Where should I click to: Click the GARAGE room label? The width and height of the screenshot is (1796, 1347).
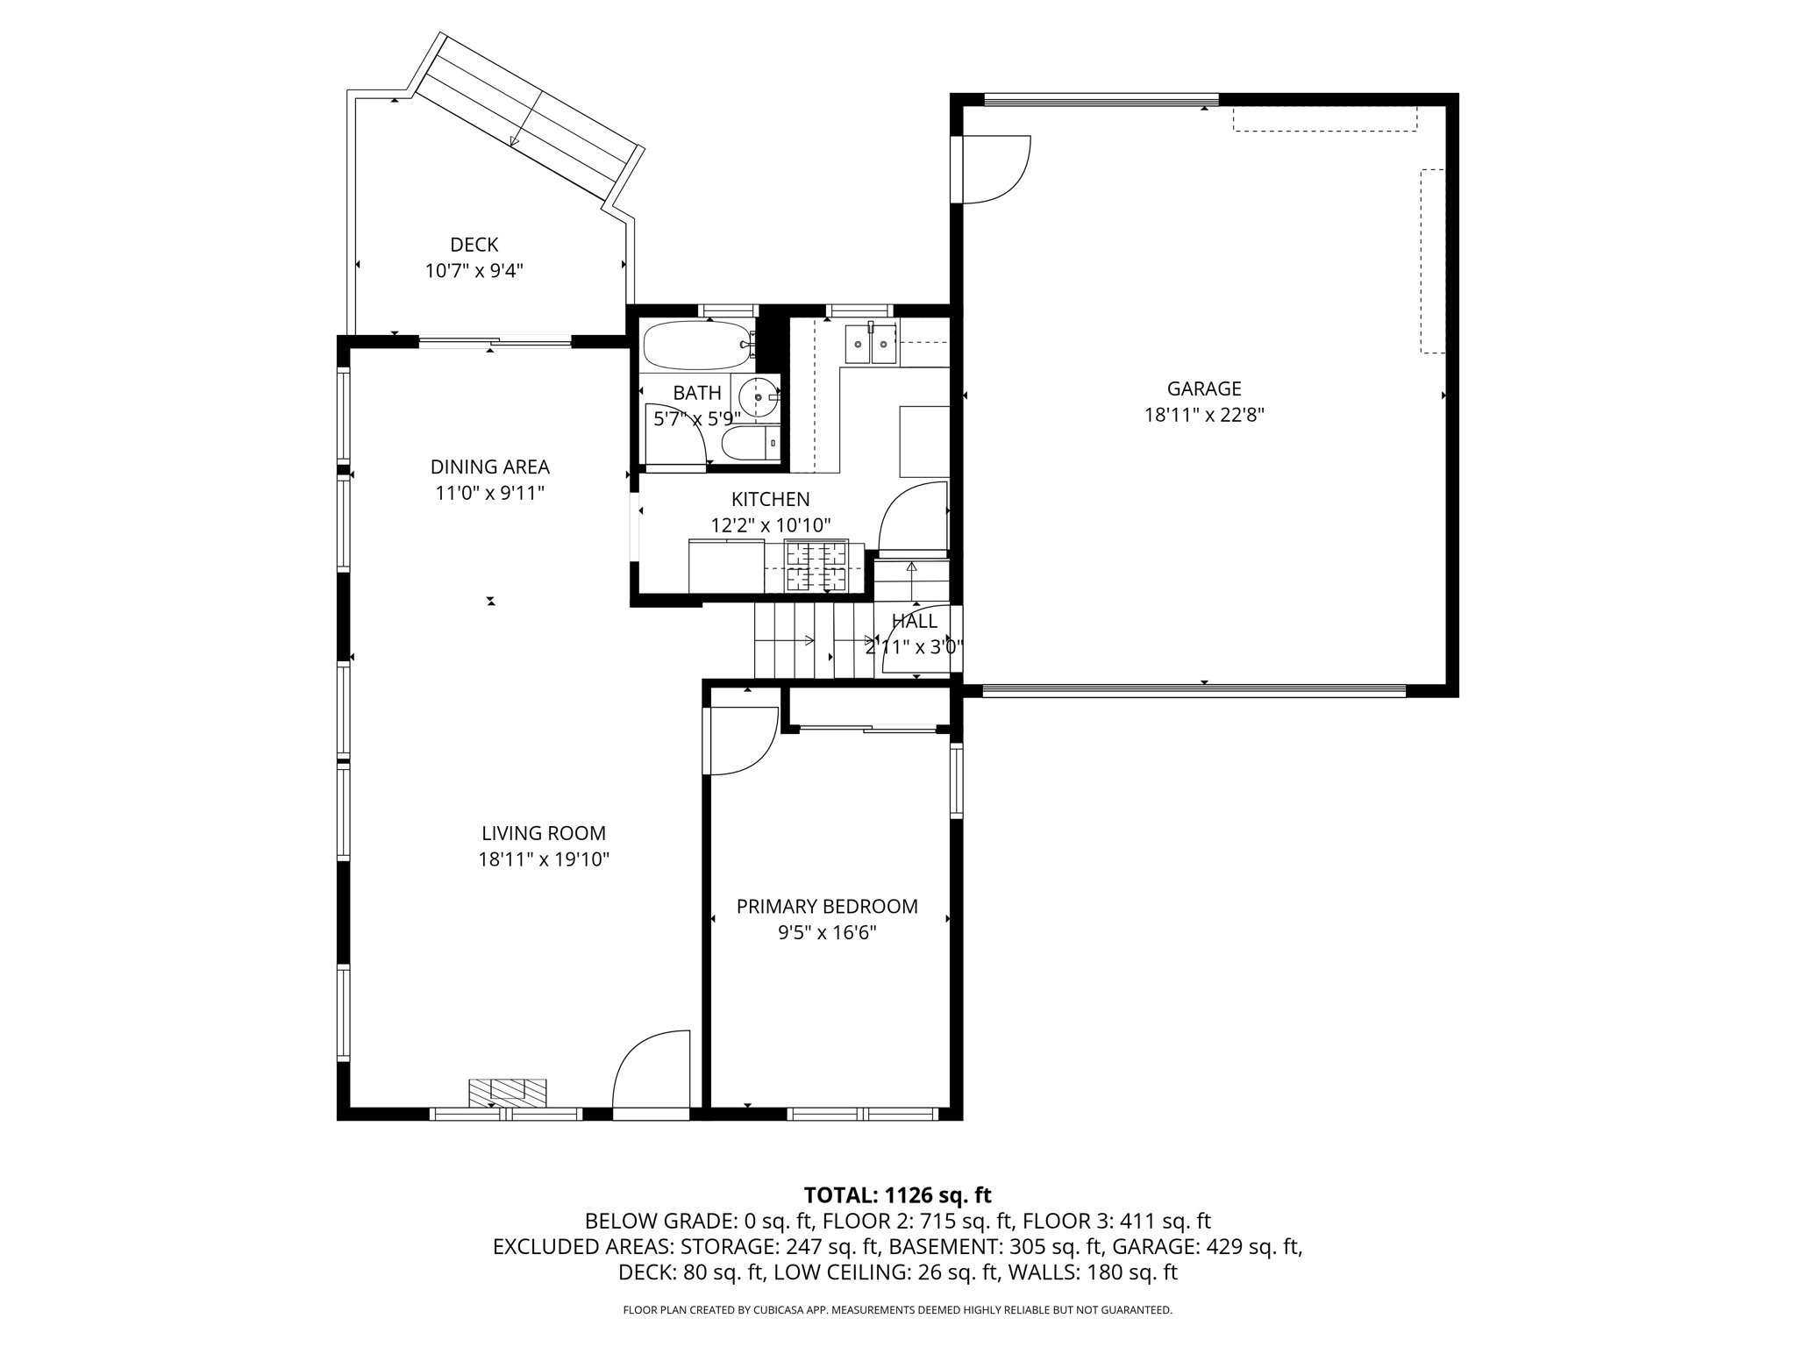[x=1203, y=388]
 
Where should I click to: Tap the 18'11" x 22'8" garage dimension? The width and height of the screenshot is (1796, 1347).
[x=1203, y=416]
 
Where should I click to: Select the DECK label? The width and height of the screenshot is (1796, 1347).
[x=474, y=245]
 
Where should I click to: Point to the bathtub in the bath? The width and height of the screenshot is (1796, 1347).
[x=697, y=346]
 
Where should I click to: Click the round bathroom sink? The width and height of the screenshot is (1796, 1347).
[x=758, y=397]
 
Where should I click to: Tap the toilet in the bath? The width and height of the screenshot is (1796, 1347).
[x=751, y=443]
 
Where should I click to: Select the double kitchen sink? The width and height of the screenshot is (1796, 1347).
[x=870, y=343]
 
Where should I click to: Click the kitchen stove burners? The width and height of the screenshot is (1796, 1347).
[x=816, y=567]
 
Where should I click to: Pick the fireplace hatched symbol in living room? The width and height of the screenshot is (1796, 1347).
[x=508, y=1091]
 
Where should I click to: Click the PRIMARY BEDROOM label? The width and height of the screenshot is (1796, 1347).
[x=826, y=907]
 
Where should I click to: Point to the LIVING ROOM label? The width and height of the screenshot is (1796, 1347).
[x=543, y=833]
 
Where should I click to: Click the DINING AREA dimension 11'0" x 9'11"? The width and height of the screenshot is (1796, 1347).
[x=489, y=494]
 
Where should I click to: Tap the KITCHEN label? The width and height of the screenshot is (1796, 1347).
[x=770, y=499]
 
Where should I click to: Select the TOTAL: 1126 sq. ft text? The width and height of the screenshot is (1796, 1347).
[x=897, y=1195]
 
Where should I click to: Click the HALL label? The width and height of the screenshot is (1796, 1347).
[x=914, y=621]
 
